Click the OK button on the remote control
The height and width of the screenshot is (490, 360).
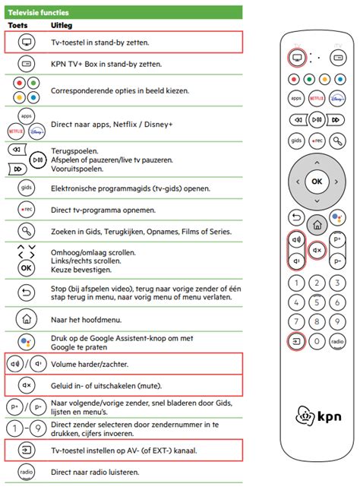tap(317, 182)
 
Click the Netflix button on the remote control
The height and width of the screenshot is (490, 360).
tap(317, 99)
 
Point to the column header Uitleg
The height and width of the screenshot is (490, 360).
tap(63, 25)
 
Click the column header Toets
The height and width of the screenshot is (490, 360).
tap(17, 25)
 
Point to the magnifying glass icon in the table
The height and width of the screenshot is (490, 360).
tap(26, 231)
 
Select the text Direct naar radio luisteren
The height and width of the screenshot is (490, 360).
tap(95, 472)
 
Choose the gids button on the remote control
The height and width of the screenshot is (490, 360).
tap(296, 141)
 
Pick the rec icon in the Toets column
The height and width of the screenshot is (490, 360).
tap(26, 208)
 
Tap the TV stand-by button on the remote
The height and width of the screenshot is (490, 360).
tap(295, 58)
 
